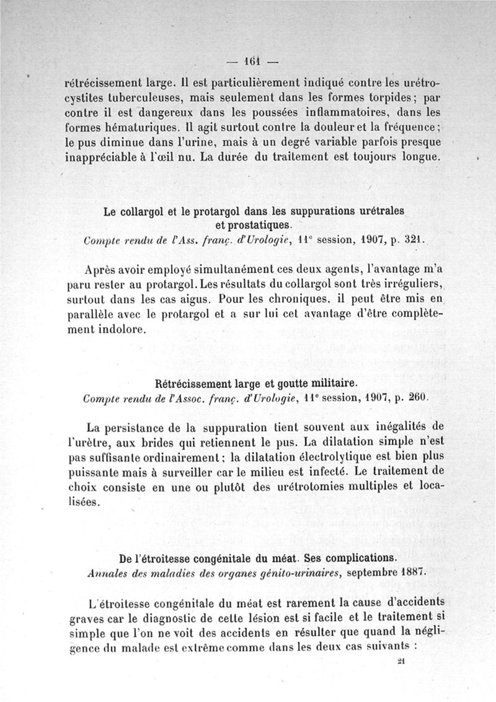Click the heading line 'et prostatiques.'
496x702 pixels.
[x=253, y=225]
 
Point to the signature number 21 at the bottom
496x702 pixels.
[x=401, y=662]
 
